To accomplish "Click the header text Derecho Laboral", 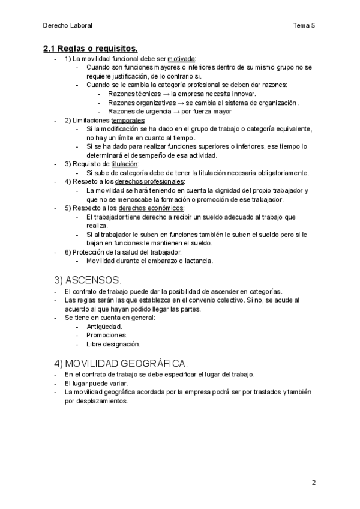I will pos(68,25).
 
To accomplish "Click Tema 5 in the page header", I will pos(304,25).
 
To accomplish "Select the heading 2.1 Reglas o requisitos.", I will pos(90,48).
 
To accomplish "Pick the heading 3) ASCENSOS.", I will pos(88,280).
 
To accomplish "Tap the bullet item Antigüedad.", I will pos(104,327).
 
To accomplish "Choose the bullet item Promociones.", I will pos(107,335).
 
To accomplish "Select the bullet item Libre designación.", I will pos(113,344).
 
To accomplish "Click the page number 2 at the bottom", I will pos(313,483).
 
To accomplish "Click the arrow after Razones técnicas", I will pos(165,94).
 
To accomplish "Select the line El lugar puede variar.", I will pos(99,383).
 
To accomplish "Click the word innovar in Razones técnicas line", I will pos(242,94).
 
